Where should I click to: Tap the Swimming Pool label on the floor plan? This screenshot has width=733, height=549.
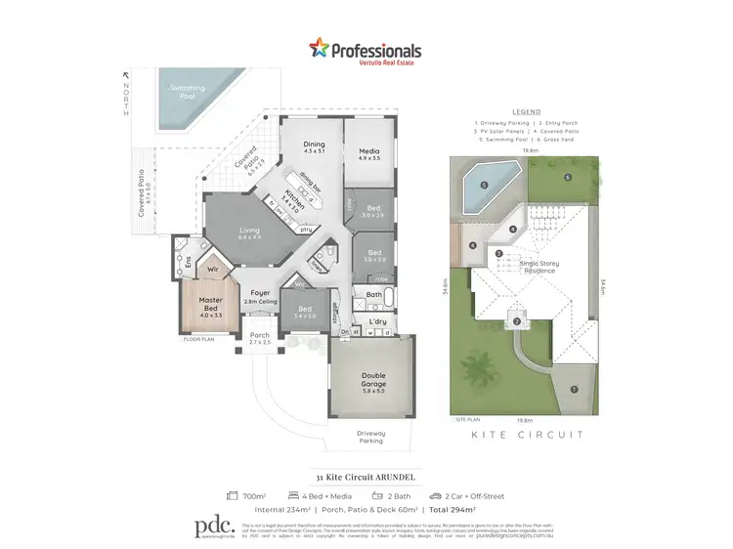click(x=188, y=90)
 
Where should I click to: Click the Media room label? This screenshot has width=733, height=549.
click(x=368, y=153)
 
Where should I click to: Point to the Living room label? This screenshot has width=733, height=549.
click(x=250, y=232)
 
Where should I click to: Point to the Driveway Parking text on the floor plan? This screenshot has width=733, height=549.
click(x=369, y=436)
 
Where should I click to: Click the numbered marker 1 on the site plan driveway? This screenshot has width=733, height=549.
click(x=574, y=391)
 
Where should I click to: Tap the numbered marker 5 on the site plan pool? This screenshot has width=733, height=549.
click(x=484, y=186)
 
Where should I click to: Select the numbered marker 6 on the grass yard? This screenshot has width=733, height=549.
click(x=567, y=177)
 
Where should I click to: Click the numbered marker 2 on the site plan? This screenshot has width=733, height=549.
click(x=516, y=322)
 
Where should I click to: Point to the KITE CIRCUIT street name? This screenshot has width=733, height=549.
click(x=527, y=434)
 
